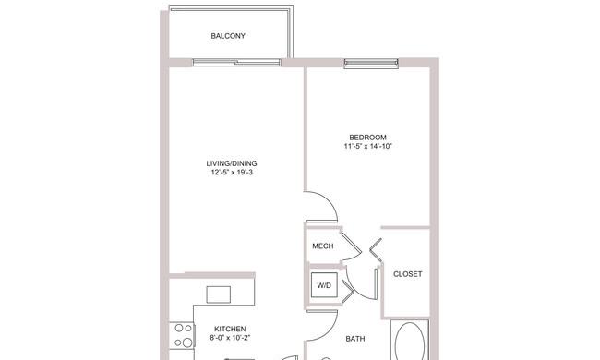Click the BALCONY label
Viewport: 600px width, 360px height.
(228, 36)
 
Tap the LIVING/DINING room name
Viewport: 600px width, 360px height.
(232, 163)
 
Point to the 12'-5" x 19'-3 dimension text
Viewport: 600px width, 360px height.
(232, 173)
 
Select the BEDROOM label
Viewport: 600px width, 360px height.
(367, 138)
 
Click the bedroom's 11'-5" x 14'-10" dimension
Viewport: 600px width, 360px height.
(367, 146)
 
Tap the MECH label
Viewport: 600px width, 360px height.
(322, 246)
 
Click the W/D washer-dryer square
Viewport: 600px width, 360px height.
(324, 285)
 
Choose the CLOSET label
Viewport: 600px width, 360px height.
(407, 274)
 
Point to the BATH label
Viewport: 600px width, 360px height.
(355, 339)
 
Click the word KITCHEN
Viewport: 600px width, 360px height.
(230, 329)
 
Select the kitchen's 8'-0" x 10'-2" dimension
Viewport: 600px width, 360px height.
(230, 338)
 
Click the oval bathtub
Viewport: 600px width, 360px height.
(410, 342)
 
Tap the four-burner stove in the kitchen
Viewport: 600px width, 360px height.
(183, 335)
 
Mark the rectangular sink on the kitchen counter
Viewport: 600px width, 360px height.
(219, 294)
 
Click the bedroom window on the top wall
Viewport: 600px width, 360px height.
(371, 64)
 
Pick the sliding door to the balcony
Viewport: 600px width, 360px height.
(237, 63)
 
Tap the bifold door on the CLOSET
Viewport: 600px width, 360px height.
(376, 250)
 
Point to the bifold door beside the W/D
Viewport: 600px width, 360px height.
(347, 291)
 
